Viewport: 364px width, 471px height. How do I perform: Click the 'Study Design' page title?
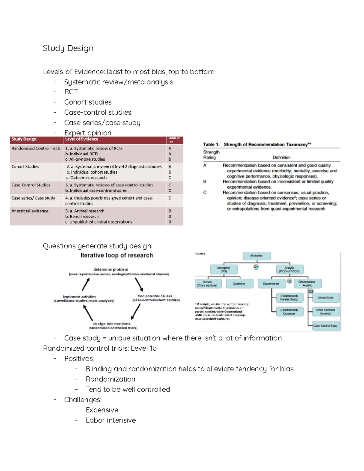[x=68, y=49]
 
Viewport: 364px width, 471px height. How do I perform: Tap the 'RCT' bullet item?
[x=71, y=92]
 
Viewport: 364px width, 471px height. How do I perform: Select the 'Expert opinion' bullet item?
[x=88, y=133]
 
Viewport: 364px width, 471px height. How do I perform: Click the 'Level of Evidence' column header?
[x=82, y=139]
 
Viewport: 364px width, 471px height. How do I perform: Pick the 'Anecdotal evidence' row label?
[x=30, y=211]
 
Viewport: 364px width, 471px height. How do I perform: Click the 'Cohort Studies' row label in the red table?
[x=25, y=167]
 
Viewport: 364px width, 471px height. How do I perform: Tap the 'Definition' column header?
[x=281, y=157]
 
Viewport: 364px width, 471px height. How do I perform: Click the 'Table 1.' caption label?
[x=211, y=144]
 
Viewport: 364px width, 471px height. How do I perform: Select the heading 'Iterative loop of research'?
[x=116, y=255]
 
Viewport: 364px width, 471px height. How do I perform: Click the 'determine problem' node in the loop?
[x=111, y=269]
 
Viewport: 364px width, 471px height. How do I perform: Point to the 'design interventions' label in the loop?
[x=112, y=324]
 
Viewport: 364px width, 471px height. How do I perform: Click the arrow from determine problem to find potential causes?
[x=139, y=284]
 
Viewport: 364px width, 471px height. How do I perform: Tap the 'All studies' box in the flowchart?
[x=256, y=256]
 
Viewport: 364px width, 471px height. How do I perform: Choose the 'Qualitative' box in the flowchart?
[x=239, y=284]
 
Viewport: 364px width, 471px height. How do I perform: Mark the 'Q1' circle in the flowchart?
[x=256, y=267]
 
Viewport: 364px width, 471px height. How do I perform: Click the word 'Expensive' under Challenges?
[x=102, y=410]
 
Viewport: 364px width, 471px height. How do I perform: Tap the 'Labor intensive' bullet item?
[x=111, y=420]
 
